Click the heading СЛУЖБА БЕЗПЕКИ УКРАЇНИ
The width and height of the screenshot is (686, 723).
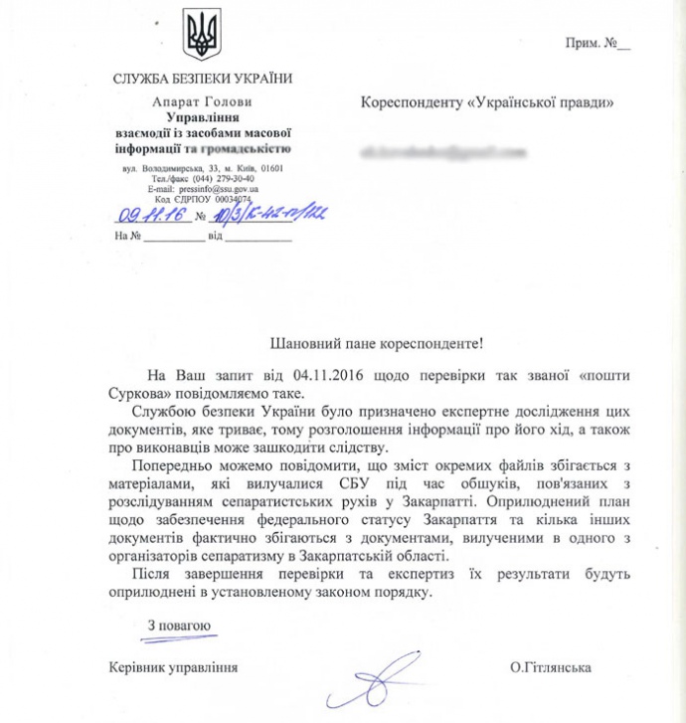click(x=203, y=80)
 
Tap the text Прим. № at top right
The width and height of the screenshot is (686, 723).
click(x=598, y=44)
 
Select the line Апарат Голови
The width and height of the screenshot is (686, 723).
click(x=203, y=102)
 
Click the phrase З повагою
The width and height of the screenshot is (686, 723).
click(x=179, y=627)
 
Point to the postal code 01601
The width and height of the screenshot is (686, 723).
click(x=268, y=168)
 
